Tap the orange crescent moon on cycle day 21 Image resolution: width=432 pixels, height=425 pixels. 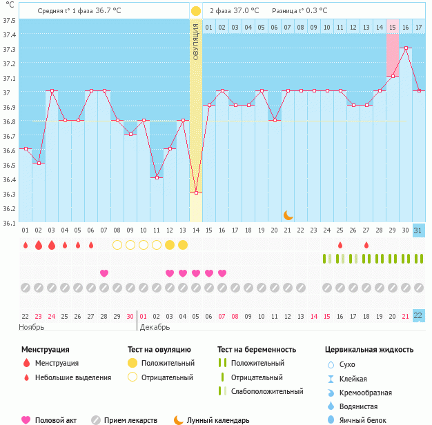tap(288, 215)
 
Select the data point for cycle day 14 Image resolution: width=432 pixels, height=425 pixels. tap(196, 192)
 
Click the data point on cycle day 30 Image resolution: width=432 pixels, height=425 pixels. tap(406, 48)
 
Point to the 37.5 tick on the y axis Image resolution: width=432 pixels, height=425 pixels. tap(9, 19)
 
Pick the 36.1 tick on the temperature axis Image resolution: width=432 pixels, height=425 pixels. tap(9, 223)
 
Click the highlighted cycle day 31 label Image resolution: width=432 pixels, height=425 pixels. tap(419, 230)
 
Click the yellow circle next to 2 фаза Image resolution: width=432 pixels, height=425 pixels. tap(196, 11)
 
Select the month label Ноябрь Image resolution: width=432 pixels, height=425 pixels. tap(32, 326)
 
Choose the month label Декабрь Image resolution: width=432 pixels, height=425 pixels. tap(155, 326)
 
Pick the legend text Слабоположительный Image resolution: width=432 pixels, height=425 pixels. tap(267, 391)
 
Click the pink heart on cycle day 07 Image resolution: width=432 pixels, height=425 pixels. tap(104, 273)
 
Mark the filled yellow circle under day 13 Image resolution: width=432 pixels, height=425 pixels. tap(183, 245)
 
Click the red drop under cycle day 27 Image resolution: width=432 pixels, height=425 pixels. tap(366, 245)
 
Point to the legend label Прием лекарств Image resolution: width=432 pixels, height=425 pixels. tap(135, 420)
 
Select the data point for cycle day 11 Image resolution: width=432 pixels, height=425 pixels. tap(157, 177)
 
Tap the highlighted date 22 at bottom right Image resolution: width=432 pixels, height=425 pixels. tap(419, 315)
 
